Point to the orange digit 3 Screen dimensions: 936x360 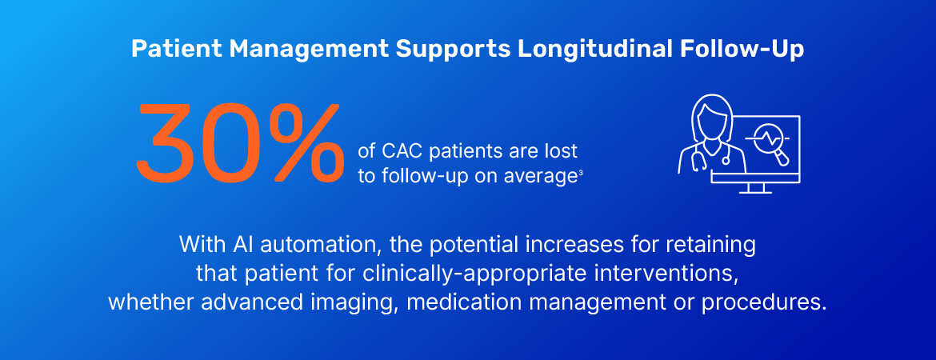pyautogui.click(x=170, y=142)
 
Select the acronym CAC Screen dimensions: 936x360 pyautogui.click(x=403, y=151)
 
